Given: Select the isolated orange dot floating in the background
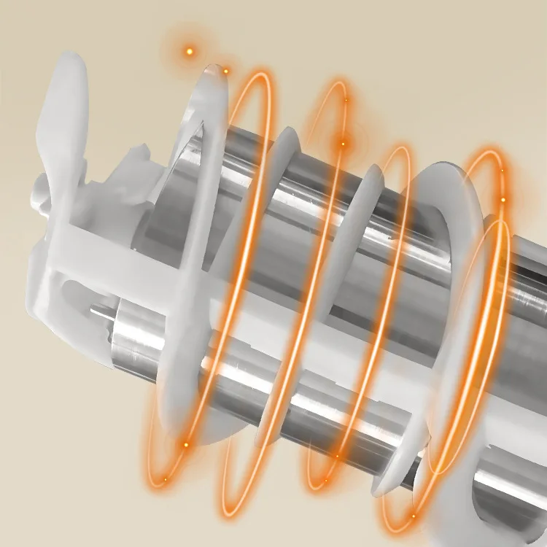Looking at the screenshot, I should (x=190, y=51).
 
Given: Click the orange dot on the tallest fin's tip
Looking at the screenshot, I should (x=225, y=71).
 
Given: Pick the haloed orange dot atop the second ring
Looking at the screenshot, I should (x=342, y=143).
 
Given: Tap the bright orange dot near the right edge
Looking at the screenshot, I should (x=503, y=198).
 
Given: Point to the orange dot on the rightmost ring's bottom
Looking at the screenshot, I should (x=413, y=516).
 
